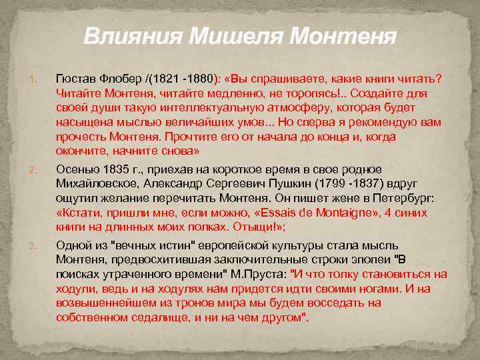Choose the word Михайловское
pos(95,183)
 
